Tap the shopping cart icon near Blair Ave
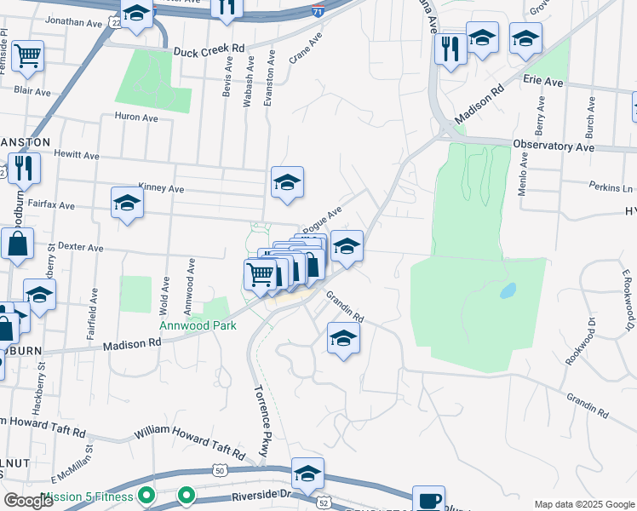tap(27, 56)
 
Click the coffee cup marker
tap(428, 499)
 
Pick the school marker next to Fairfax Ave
tap(127, 202)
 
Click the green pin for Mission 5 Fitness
tap(146, 495)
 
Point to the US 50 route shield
tap(220, 470)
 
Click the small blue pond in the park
tap(508, 290)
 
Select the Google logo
tap(28, 500)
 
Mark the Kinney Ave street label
tap(161, 188)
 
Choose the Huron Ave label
tap(137, 117)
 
